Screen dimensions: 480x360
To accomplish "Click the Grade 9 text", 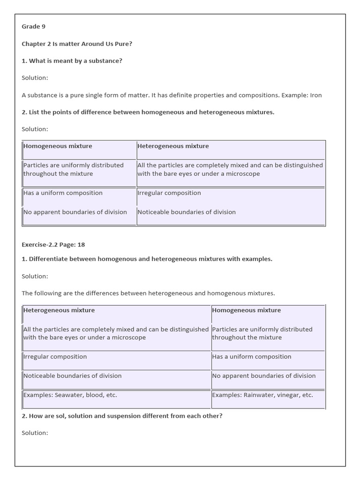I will [33, 27].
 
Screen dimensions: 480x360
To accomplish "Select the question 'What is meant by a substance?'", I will [72, 61].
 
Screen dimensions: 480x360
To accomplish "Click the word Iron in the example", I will [315, 95].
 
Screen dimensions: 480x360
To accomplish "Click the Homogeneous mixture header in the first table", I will [58, 146].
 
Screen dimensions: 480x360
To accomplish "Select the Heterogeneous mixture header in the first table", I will [173, 146].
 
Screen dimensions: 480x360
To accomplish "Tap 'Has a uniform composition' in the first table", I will [63, 193].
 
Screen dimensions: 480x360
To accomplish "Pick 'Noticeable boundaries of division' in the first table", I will [187, 212].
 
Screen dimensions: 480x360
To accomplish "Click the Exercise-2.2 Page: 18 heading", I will [53, 245].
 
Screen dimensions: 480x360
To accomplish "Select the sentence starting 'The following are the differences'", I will [148, 293].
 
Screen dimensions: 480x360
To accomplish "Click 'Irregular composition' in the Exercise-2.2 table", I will [55, 357].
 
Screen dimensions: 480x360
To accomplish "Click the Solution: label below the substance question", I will [35, 78].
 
